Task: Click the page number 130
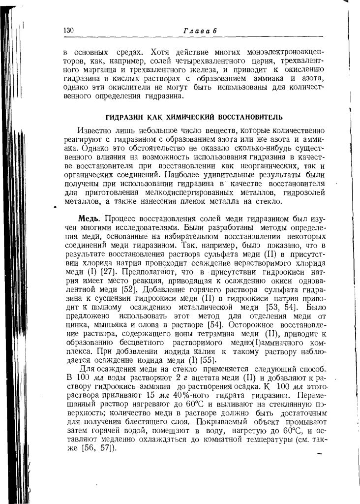coord(68,31)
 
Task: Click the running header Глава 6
coord(200,31)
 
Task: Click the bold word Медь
coord(90,218)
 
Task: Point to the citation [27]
coord(108,271)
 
